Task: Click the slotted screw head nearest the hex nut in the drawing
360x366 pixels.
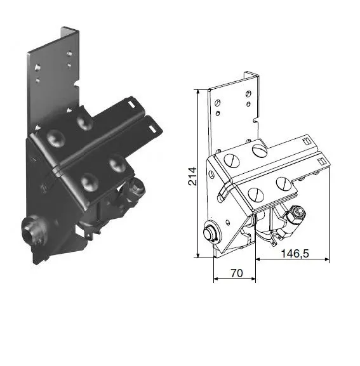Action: point(283,183)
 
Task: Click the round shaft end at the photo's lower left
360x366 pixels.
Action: point(30,226)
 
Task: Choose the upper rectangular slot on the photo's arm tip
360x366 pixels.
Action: point(131,100)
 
